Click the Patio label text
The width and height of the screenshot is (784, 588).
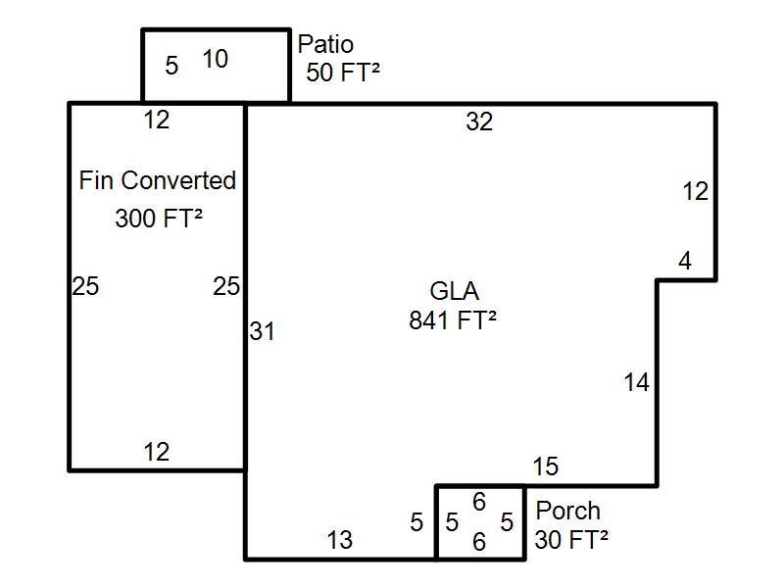(325, 45)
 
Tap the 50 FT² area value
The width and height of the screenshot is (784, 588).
(342, 73)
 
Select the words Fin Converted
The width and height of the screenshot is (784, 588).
(157, 181)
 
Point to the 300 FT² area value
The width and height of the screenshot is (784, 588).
(158, 219)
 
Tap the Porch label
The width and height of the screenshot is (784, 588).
(567, 512)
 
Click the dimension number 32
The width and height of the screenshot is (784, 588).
(479, 122)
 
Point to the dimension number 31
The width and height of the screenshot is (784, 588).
(262, 332)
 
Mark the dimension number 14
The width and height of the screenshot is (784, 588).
(636, 383)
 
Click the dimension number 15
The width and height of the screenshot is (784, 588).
(546, 467)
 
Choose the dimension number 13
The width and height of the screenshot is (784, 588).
(339, 540)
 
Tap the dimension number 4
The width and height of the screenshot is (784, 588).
(684, 262)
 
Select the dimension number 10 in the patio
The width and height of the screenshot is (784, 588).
(216, 60)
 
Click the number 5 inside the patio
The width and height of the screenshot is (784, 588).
(171, 67)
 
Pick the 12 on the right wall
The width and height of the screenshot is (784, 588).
(695, 192)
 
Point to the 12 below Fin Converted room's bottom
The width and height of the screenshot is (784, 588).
(156, 452)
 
